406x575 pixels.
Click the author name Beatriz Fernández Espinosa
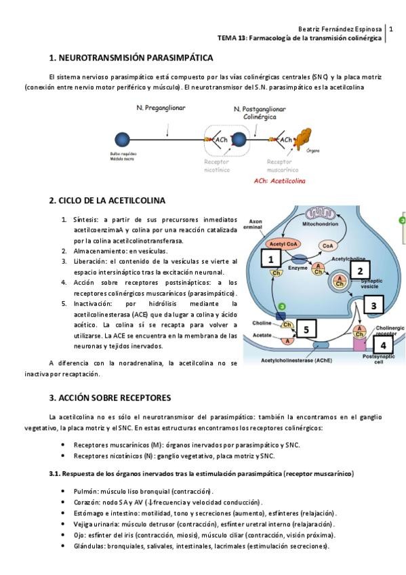click(340, 28)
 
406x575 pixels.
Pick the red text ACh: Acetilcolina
click(279, 181)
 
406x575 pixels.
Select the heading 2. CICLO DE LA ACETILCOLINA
click(107, 201)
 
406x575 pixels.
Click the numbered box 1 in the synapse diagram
click(270, 260)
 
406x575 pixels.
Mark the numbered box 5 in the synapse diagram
click(306, 330)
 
